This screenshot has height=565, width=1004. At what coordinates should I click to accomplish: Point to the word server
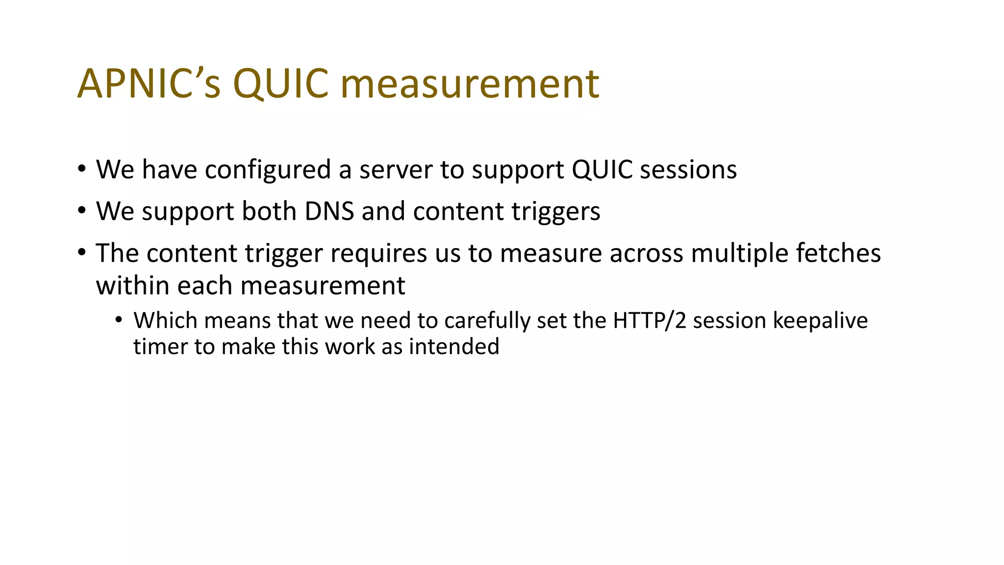coord(396,170)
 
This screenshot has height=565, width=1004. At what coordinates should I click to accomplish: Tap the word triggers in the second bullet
coord(556,211)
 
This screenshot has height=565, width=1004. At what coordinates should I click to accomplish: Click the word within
coord(132,285)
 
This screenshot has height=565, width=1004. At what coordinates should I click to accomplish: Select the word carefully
coord(487,321)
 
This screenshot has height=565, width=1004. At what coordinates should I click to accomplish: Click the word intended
coord(454,347)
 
